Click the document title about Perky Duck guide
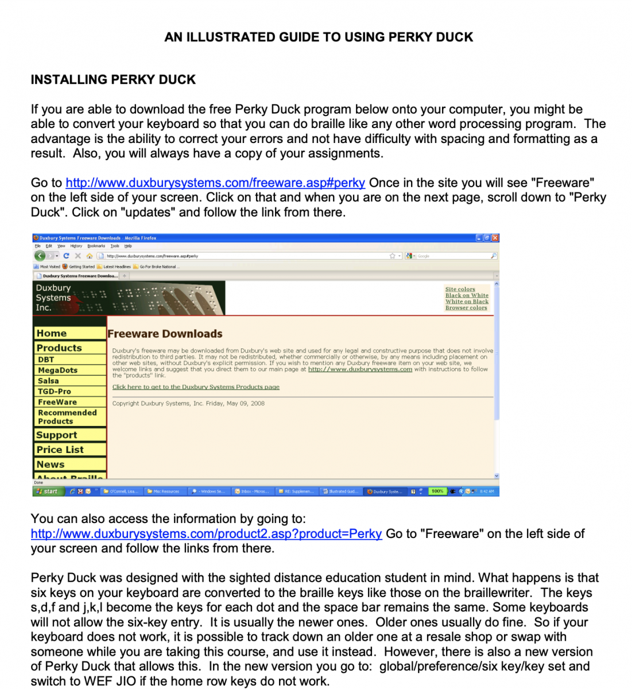pyautogui.click(x=319, y=37)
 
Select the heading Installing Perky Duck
pyautogui.click(x=113, y=80)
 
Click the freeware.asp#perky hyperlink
pyautogui.click(x=215, y=183)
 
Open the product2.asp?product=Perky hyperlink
pyautogui.click(x=206, y=533)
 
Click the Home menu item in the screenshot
pyautogui.click(x=52, y=333)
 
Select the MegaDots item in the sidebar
pyautogui.click(x=57, y=370)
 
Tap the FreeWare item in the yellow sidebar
pyautogui.click(x=57, y=402)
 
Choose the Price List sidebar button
pyautogui.click(x=60, y=450)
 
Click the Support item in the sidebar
pyautogui.click(x=56, y=435)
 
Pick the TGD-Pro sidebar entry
pyautogui.click(x=55, y=391)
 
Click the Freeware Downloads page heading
pyautogui.click(x=165, y=334)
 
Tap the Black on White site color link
pyautogui.click(x=467, y=295)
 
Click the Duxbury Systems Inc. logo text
pyautogui.click(x=53, y=297)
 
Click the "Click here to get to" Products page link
pyautogui.click(x=196, y=387)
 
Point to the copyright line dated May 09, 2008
pyautogui.click(x=188, y=403)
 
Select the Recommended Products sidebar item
pyautogui.click(x=67, y=416)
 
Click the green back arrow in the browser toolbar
pyautogui.click(x=40, y=256)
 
